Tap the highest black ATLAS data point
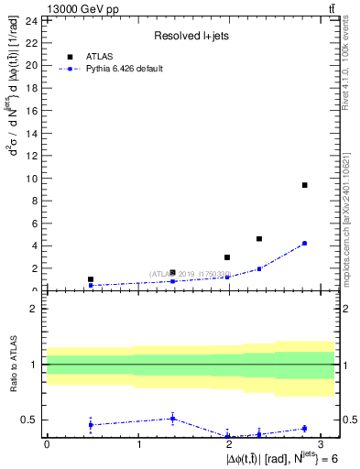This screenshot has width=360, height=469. (304, 185)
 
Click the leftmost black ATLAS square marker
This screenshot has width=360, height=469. (91, 279)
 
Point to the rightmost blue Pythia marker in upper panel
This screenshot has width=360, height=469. (304, 243)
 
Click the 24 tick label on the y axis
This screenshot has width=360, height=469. (30, 20)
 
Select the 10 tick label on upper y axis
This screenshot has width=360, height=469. (30, 178)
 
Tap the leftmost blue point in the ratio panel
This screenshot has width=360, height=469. (91, 425)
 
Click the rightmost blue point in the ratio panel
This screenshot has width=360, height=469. (304, 429)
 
